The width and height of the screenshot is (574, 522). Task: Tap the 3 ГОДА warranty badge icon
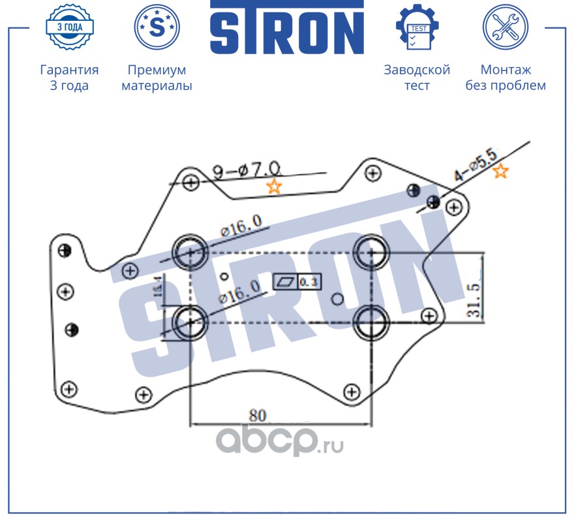[69, 27]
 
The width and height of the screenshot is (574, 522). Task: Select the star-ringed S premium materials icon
[157, 27]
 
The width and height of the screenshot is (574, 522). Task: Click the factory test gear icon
[417, 27]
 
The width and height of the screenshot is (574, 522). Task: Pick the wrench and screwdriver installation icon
[505, 27]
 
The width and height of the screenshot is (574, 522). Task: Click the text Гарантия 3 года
[69, 78]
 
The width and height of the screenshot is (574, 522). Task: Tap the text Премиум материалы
[157, 78]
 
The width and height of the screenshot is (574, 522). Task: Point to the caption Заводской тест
[417, 78]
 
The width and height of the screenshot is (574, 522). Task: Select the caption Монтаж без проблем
[505, 78]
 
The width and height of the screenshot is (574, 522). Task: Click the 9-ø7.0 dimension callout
[246, 171]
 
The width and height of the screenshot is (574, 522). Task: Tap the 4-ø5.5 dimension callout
[476, 166]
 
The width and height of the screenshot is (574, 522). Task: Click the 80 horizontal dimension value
[258, 415]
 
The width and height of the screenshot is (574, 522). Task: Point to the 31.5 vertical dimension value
[474, 299]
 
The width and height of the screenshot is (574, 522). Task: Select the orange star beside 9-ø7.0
[275, 187]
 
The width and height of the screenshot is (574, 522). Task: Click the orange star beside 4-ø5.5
[500, 172]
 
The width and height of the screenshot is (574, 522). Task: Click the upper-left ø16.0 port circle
[189, 251]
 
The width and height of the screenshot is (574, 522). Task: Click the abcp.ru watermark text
[280, 443]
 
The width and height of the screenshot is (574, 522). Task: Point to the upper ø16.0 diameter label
[241, 226]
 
